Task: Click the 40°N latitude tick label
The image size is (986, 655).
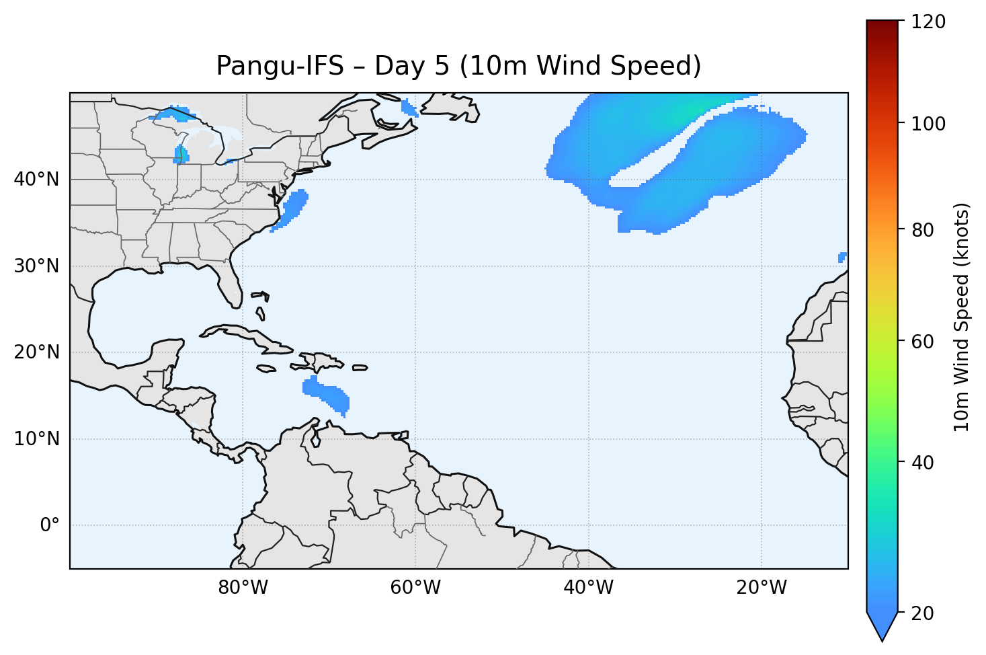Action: click(x=36, y=180)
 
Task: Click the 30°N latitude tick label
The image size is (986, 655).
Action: click(x=36, y=266)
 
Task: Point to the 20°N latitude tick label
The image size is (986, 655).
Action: click(x=36, y=352)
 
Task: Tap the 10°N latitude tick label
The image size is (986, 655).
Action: click(x=36, y=439)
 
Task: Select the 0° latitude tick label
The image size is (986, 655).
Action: click(x=50, y=525)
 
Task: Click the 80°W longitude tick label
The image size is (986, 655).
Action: click(x=243, y=588)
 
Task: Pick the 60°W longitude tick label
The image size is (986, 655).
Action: click(x=415, y=588)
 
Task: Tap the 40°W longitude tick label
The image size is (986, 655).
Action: click(x=588, y=588)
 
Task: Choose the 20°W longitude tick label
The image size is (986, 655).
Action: click(x=762, y=588)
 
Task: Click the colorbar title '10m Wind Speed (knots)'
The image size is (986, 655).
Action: click(x=962, y=317)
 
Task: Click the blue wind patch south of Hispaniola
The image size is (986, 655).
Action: click(x=327, y=395)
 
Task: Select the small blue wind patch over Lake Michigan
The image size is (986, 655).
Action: click(x=180, y=155)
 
